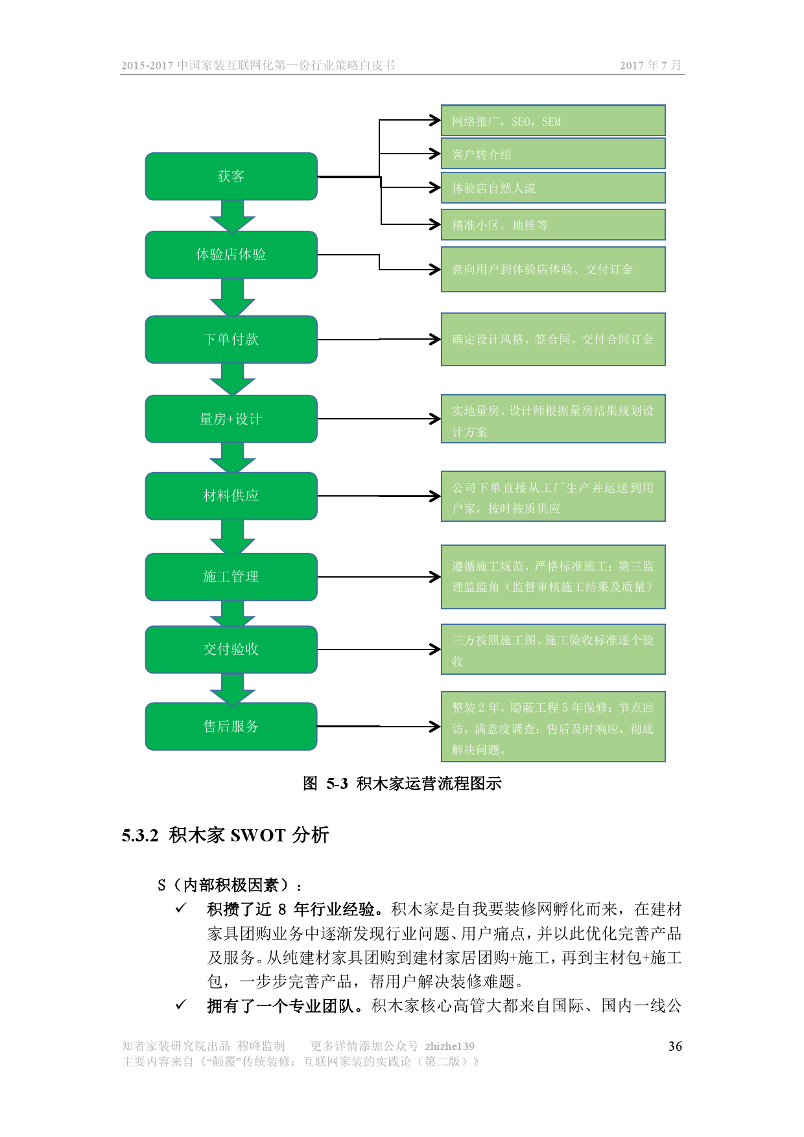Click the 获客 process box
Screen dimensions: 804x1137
point(231,176)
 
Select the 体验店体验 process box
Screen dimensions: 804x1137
point(231,255)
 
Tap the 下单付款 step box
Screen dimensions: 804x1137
point(231,340)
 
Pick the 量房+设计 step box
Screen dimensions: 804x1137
point(231,419)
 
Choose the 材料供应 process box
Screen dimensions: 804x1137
point(231,496)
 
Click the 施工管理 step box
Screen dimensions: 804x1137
point(231,577)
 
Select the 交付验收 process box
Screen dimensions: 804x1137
point(231,650)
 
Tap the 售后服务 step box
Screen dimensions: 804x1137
point(231,727)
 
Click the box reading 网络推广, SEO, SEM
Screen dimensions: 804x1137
point(553,121)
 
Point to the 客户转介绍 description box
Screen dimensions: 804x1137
point(553,154)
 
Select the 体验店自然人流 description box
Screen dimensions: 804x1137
point(553,188)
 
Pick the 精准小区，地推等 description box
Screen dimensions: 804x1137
point(553,225)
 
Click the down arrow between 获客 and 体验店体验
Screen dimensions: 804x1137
point(232,216)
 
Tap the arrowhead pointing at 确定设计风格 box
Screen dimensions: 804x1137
point(436,339)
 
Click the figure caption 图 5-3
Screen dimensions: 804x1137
point(402,784)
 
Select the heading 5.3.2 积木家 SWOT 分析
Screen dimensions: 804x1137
point(226,835)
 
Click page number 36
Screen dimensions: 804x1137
point(675,1046)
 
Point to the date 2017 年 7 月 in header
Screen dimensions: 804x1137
point(650,65)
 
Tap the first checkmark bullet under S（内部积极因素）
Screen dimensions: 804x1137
point(181,908)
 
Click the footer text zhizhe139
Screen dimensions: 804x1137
point(450,1046)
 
